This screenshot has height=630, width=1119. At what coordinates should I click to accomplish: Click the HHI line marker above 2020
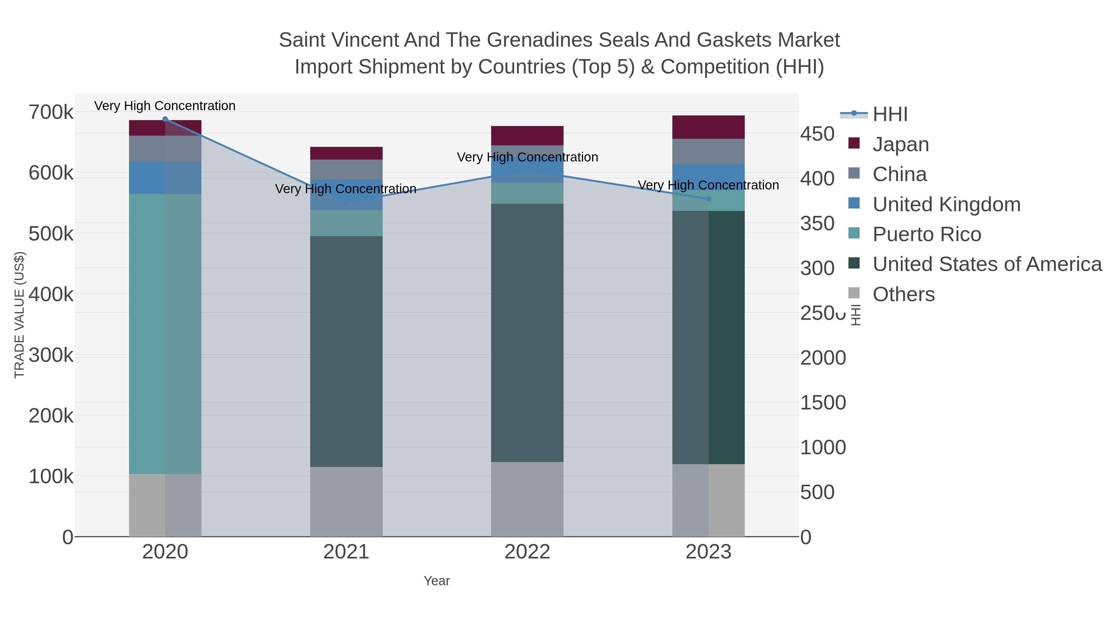pos(165,119)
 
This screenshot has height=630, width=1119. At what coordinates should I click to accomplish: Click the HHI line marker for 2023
pos(708,199)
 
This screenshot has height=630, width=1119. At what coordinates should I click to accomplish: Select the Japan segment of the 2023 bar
pos(708,127)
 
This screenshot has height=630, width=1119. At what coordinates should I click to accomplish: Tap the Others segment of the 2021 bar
pos(346,501)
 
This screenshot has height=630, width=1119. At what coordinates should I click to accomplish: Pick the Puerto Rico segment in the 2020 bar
pos(165,334)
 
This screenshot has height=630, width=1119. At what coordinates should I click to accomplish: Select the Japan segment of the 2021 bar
pos(346,153)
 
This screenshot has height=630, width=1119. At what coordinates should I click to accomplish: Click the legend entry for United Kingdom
pos(946,204)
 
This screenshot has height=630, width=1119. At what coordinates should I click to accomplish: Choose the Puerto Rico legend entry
pos(927,234)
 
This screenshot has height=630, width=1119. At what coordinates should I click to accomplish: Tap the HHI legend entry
pos(890,114)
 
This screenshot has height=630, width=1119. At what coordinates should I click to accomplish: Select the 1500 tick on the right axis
pos(823,403)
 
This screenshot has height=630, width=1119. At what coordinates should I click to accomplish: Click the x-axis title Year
pos(437,581)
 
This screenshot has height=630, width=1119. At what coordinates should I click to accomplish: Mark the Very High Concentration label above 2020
pos(165,106)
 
